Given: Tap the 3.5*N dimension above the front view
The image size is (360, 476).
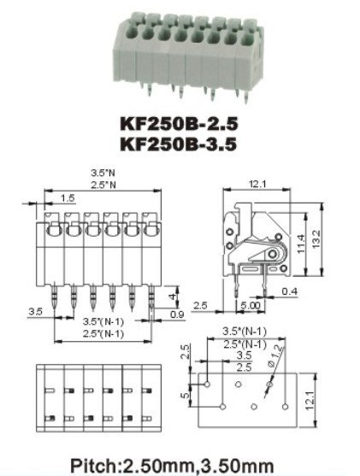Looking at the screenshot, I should click(101, 173).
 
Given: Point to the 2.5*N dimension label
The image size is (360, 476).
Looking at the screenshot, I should click(101, 185).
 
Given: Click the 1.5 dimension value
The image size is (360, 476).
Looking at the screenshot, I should click(67, 198).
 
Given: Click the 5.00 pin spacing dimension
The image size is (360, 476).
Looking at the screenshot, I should click(252, 304).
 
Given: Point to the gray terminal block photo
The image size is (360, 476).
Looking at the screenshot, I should click(180, 54).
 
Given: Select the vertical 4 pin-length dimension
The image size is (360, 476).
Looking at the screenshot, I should click(174, 297).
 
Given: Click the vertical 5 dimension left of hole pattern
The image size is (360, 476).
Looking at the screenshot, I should click(183, 397).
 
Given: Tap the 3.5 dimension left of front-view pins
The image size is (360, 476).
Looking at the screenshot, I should click(35, 313).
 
